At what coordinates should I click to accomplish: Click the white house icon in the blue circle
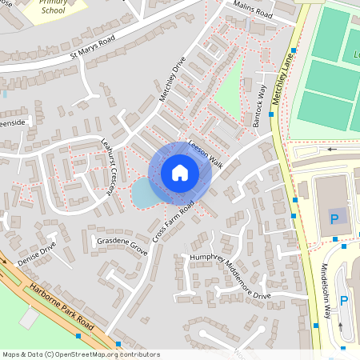180,172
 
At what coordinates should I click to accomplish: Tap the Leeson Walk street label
205,152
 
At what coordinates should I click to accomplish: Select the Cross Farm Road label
175,223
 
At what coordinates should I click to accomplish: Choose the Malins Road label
253,10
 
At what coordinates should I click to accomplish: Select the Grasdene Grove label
122,246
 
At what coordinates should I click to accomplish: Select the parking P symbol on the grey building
334,218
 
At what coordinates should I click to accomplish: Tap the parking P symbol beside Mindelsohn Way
344,301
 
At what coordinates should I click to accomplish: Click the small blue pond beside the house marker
142,192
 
